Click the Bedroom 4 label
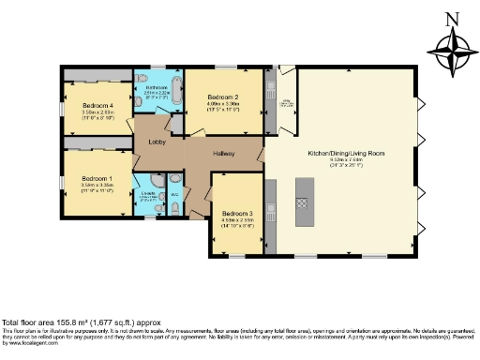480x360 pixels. (x=97, y=105)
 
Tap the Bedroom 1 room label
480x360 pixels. (x=97, y=178)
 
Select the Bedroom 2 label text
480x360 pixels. (x=222, y=97)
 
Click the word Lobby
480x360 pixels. (x=157, y=142)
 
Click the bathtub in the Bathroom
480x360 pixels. (x=157, y=79)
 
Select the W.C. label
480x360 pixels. (x=175, y=195)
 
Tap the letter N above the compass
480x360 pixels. (x=451, y=19)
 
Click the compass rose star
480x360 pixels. (x=451, y=48)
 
